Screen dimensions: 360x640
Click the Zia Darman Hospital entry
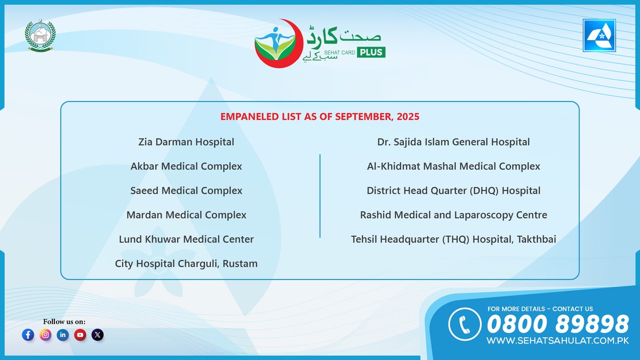[x=186, y=142]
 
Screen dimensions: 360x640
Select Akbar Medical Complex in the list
[x=186, y=166]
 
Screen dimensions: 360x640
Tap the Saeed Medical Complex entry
[x=186, y=190]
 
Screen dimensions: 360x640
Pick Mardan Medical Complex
[x=186, y=215]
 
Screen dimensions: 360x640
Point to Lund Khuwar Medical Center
[x=186, y=239]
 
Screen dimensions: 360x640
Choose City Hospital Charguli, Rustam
[x=186, y=263]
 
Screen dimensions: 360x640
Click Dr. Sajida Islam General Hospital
[x=453, y=142]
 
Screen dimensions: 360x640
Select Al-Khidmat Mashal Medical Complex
[x=453, y=166]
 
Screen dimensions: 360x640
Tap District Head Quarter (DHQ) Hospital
[x=453, y=190]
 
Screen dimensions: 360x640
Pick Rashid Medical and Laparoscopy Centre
[x=453, y=215]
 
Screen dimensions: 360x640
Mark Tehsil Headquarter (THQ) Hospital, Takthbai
[x=453, y=239]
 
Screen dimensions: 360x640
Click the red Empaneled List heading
[x=320, y=116]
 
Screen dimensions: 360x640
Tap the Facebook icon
[x=29, y=335]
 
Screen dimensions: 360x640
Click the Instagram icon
[x=46, y=335]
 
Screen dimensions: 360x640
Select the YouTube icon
[x=80, y=335]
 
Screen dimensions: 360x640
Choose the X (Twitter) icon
[x=97, y=335]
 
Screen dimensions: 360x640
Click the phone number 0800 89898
[x=558, y=324]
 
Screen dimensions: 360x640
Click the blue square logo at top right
[x=599, y=36]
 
